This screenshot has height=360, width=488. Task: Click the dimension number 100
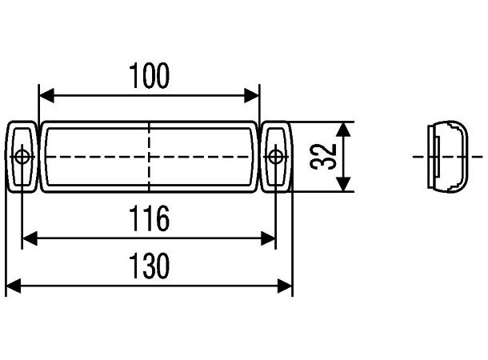click(x=150, y=76)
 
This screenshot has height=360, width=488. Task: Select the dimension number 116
click(x=150, y=218)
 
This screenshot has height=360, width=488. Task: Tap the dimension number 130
click(x=150, y=266)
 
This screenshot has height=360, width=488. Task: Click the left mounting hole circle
click(x=22, y=156)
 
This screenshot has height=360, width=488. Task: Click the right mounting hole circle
click(x=276, y=156)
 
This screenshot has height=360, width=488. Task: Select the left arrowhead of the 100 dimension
click(x=46, y=96)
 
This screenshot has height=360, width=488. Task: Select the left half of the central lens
click(x=96, y=157)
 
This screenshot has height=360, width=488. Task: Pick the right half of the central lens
click(x=204, y=157)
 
